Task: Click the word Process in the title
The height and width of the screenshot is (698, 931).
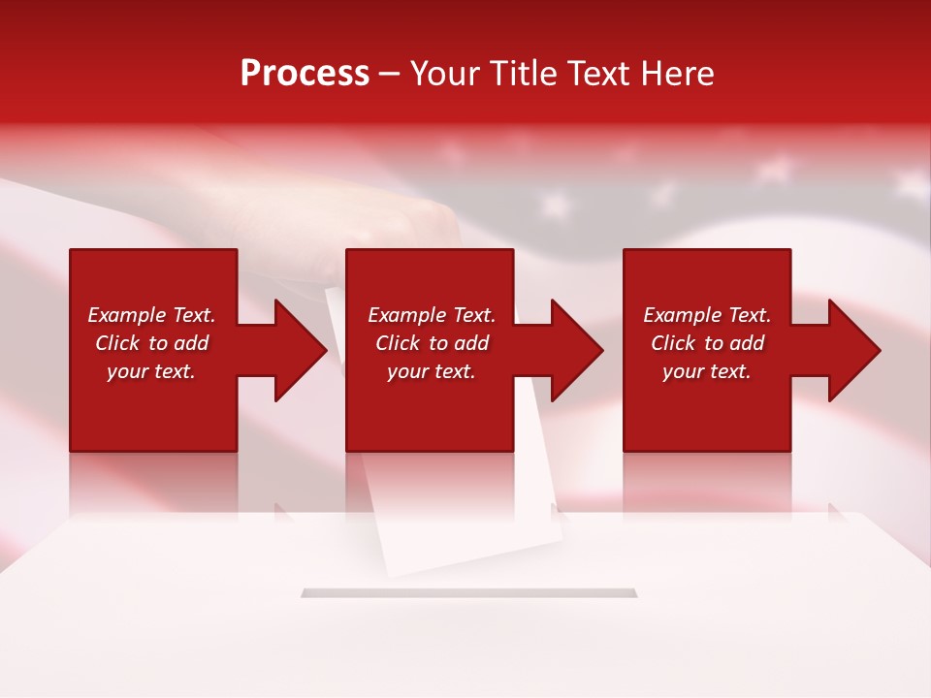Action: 305,74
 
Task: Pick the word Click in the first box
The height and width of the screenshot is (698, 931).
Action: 118,343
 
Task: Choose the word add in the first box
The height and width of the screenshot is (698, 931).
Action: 191,343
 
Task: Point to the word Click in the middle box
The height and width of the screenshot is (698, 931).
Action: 399,343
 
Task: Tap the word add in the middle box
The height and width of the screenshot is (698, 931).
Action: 471,343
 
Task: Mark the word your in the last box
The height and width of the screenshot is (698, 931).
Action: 683,371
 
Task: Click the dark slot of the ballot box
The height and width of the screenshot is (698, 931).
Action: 468,592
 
